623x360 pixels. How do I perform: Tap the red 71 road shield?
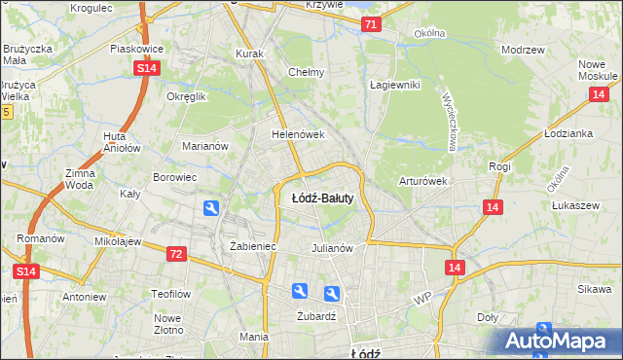[x=370, y=24]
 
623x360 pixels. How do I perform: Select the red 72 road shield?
[x=175, y=254]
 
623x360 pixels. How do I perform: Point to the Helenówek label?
[x=297, y=134]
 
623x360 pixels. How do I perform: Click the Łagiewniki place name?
[x=394, y=85]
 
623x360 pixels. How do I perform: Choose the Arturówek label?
[x=422, y=181]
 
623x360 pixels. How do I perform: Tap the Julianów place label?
[x=331, y=247]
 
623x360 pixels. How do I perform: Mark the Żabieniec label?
[x=253, y=247]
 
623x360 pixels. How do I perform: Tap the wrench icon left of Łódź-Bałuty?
[x=211, y=207]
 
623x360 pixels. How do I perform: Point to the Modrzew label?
[x=521, y=49]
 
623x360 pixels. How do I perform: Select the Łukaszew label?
[x=573, y=205]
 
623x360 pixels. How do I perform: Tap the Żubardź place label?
[x=314, y=315]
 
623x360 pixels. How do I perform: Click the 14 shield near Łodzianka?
[x=599, y=93]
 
